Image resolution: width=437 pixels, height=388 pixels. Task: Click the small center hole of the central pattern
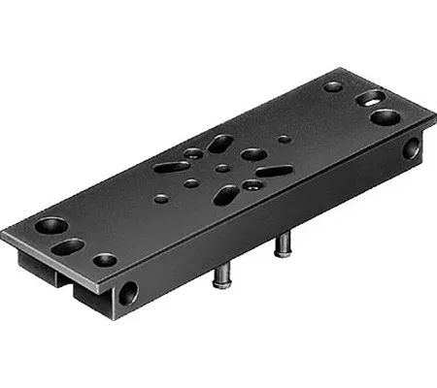click(222, 168)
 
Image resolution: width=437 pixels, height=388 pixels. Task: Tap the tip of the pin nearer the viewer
click(218, 283)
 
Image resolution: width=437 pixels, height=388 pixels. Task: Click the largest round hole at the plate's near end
click(51, 226)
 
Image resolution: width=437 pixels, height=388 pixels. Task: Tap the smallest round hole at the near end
click(104, 260)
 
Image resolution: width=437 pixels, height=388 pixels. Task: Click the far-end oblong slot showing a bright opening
click(371, 98)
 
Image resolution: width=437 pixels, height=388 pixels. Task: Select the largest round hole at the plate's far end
click(386, 117)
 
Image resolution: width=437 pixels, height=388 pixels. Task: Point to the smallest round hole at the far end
click(333, 86)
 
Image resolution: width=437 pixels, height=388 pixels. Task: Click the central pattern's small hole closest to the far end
click(283, 140)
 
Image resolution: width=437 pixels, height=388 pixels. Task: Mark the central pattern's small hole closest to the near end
click(160, 198)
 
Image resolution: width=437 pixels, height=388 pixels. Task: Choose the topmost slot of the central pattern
click(220, 144)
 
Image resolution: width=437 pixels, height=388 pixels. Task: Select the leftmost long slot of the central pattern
click(172, 167)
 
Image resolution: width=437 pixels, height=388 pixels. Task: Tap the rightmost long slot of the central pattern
click(274, 172)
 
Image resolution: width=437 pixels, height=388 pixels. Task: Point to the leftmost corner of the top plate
click(2, 233)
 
